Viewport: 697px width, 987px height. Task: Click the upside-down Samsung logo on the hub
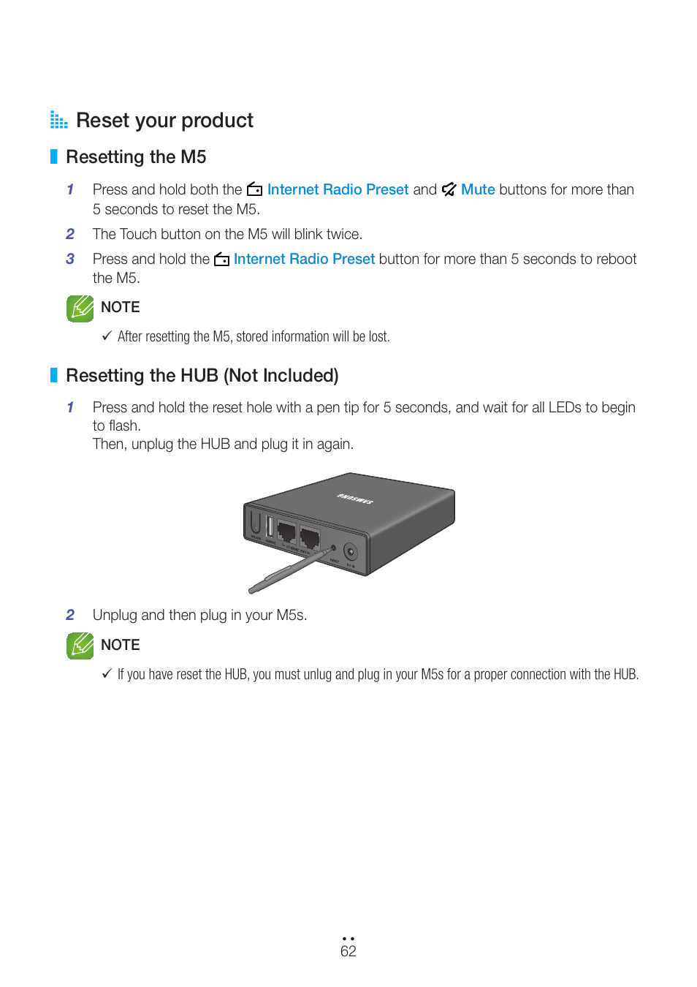pos(355,499)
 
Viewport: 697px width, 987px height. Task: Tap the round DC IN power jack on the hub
pos(351,552)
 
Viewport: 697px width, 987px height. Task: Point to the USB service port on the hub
pos(270,527)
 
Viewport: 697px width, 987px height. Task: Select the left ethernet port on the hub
pos(286,532)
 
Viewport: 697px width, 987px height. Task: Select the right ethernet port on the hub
pos(310,539)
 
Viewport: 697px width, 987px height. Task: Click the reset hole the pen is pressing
pos(334,548)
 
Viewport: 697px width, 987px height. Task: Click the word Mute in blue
pos(478,189)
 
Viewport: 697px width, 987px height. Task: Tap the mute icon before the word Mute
pos(449,189)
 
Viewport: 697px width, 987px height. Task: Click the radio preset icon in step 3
pos(221,260)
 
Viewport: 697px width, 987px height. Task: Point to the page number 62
pos(348,951)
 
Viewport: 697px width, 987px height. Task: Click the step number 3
pos(70,259)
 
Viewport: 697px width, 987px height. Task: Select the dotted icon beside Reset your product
pos(58,120)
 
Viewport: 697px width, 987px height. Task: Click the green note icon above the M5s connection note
pos(80,646)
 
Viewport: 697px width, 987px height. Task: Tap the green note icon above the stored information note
pos(80,309)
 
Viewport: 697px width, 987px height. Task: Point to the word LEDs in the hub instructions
pos(565,407)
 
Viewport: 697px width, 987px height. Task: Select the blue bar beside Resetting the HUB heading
pos(53,375)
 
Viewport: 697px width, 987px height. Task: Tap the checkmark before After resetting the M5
pos(107,336)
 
